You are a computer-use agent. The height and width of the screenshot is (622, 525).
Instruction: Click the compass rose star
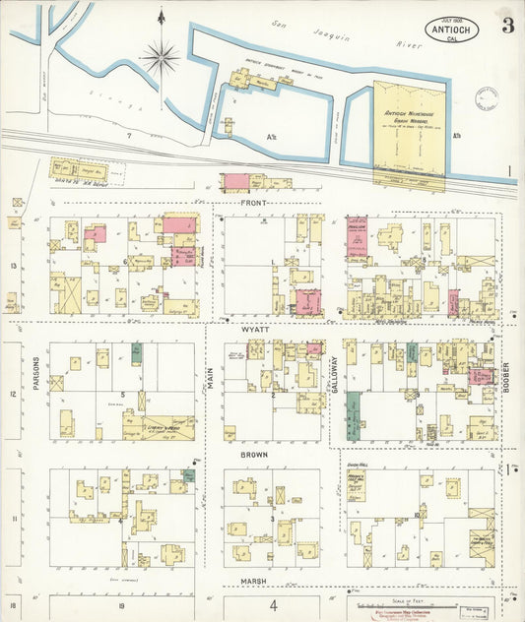pos(160,57)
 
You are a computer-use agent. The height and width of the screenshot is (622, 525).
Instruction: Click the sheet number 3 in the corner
pos(506,26)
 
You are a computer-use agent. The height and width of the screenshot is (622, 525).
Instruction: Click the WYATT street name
pos(257,332)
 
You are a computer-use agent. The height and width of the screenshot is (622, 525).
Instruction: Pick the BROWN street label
pos(255,456)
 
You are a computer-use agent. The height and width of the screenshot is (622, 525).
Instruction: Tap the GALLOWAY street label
pos(334,376)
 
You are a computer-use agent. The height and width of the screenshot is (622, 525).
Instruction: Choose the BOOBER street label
pos(506,375)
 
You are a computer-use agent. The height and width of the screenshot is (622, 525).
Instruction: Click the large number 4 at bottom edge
pos(273,606)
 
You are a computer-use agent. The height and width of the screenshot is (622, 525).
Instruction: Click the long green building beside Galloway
pos(353,414)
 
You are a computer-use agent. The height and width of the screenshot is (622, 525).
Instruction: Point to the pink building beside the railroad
pos(236,181)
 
